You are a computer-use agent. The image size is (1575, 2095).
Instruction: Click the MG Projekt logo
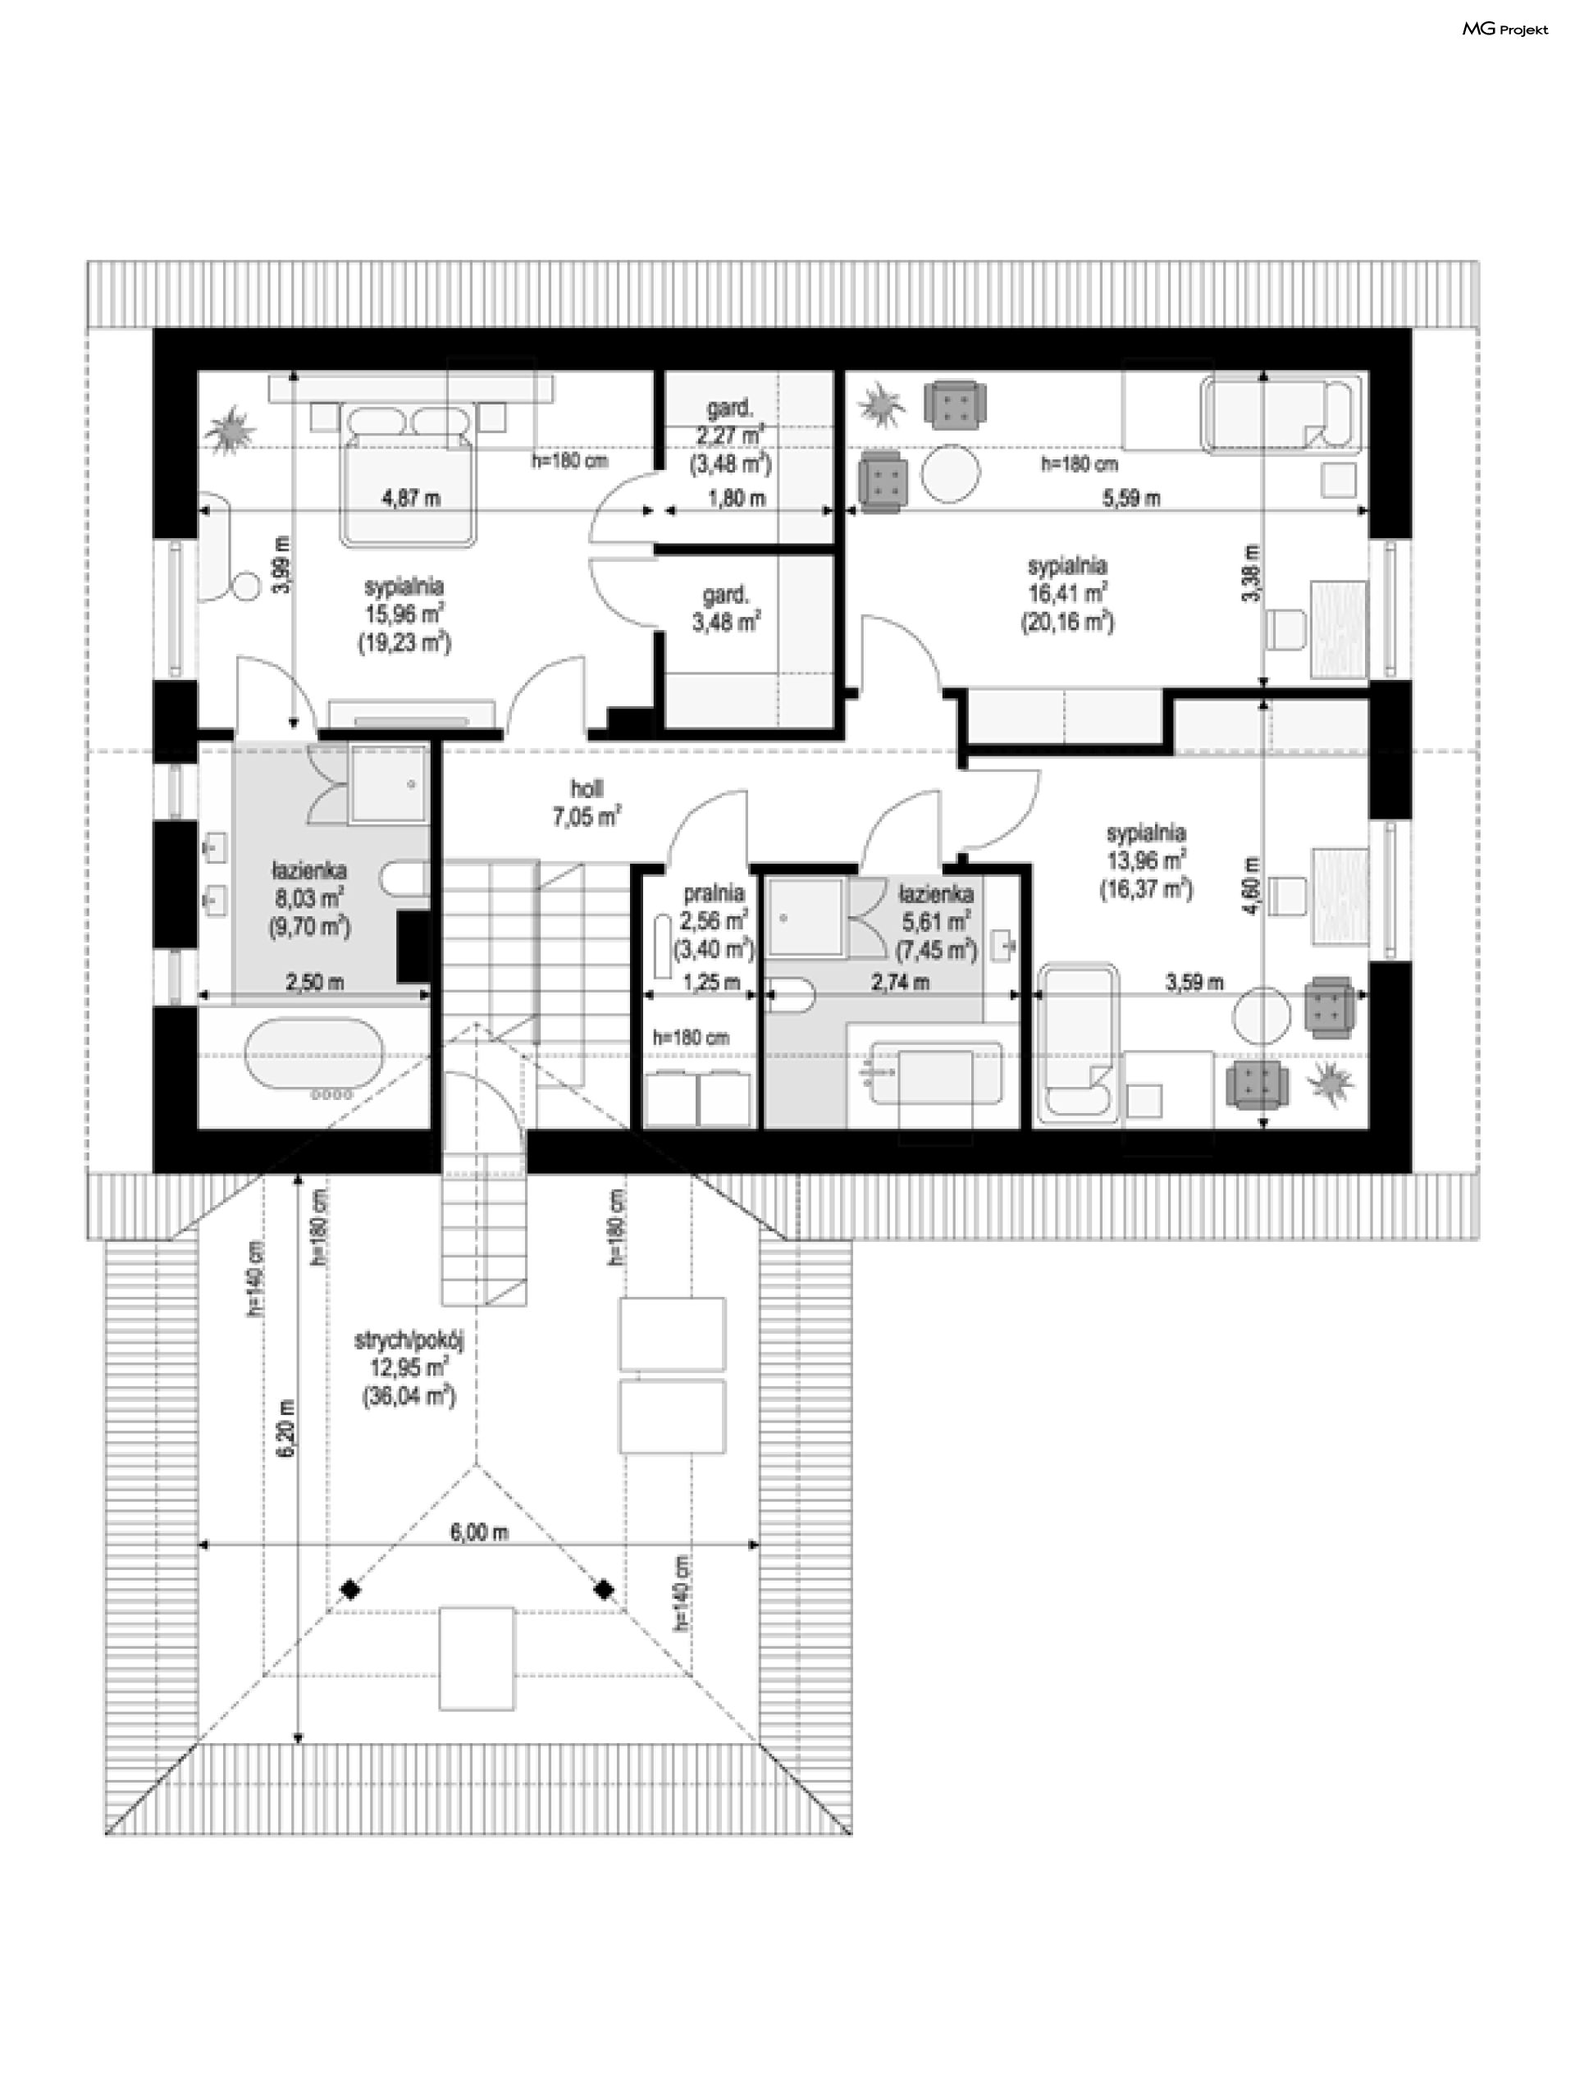point(1505,30)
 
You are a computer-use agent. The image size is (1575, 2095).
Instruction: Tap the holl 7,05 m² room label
point(587,802)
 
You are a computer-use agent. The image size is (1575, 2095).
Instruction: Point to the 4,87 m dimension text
point(411,497)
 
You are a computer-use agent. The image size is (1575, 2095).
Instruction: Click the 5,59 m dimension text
point(1132,497)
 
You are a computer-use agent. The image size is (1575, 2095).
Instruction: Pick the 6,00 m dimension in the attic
point(479,1531)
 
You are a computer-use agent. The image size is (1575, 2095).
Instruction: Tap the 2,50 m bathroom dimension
point(314,982)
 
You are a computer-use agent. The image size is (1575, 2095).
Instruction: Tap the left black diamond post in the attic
point(350,1589)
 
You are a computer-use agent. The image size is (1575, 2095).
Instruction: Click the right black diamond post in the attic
point(603,1589)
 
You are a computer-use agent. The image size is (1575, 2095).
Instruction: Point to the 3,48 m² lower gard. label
point(727,623)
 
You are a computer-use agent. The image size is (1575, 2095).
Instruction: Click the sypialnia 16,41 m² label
point(1067,594)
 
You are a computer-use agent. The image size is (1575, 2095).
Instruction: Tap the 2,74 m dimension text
point(900,982)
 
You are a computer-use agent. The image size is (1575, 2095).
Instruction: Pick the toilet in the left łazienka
point(405,878)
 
